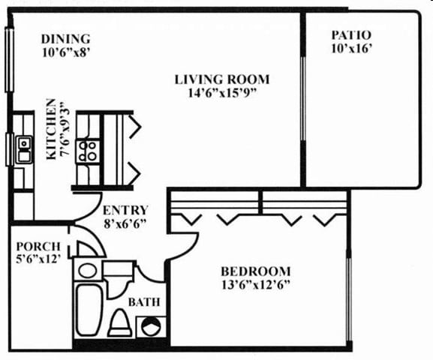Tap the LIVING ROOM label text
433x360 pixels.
222,79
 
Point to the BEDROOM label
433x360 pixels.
255,271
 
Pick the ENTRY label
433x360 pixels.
125,210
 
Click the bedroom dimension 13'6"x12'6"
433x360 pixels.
255,284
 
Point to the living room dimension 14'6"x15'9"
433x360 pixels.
222,93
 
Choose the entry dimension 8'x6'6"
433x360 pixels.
125,223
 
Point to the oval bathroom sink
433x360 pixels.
88,270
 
